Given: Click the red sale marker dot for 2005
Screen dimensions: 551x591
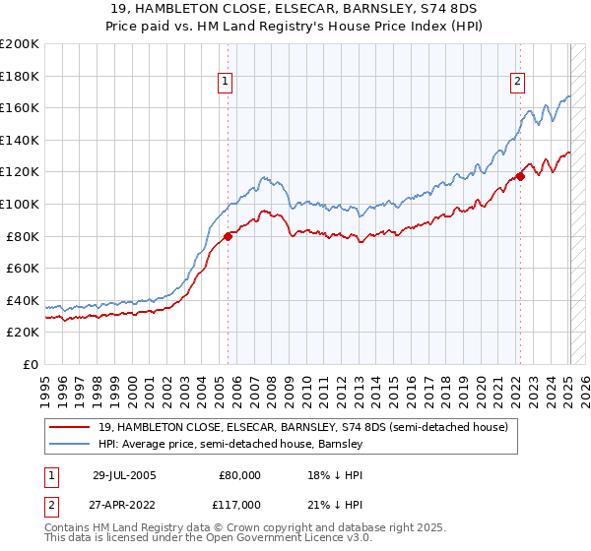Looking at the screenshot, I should pos(228,236).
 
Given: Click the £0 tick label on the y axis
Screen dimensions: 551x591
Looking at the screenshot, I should pos(30,364).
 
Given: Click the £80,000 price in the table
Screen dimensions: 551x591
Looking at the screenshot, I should pos(237,474).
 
